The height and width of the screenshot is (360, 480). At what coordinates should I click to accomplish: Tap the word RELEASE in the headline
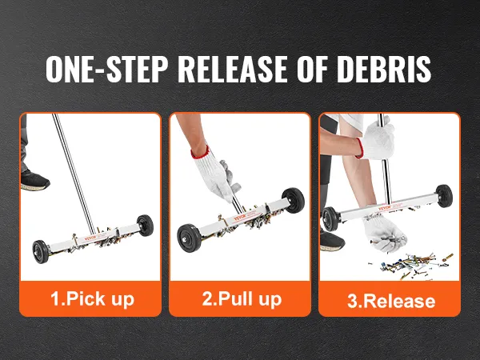232,69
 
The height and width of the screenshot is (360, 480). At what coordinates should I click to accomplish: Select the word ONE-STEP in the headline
107,69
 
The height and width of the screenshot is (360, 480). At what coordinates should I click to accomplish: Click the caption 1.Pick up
92,298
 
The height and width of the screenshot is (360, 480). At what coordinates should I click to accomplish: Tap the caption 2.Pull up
242,298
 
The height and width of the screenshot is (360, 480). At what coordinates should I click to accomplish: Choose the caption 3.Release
391,301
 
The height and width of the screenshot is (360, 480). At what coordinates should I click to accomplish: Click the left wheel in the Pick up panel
41,252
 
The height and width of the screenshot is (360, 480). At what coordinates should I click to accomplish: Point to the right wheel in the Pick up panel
145,226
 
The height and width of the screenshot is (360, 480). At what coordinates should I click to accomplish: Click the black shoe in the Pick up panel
34,180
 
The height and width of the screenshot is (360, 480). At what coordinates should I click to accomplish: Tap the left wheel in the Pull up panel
190,238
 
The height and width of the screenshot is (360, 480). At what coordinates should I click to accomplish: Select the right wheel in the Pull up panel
293,200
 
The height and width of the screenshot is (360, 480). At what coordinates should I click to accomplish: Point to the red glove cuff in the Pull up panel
200,153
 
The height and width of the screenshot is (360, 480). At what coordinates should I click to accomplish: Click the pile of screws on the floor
410,266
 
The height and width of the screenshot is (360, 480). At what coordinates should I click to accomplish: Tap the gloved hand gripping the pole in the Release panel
376,140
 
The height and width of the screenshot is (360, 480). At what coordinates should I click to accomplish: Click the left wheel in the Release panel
330,218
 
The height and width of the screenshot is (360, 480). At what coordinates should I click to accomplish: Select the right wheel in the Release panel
444,196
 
